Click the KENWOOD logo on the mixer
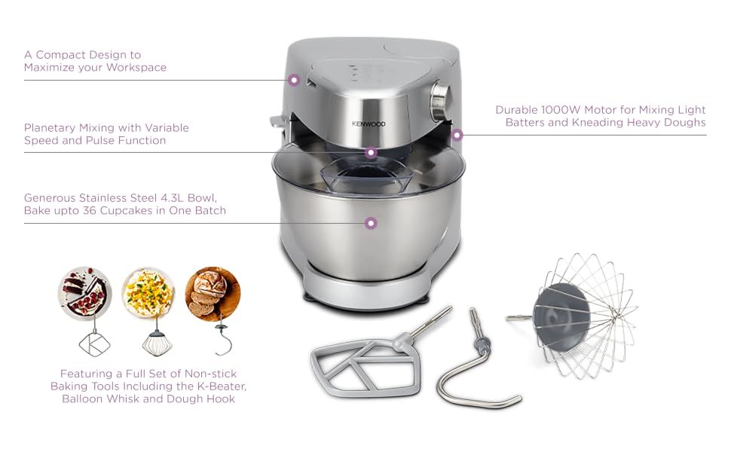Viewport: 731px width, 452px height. pyautogui.click(x=369, y=124)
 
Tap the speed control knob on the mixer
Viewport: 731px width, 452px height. pyautogui.click(x=440, y=102)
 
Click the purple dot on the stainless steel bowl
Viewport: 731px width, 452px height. pyautogui.click(x=371, y=223)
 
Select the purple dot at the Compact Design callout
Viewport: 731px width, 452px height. pyautogui.click(x=294, y=80)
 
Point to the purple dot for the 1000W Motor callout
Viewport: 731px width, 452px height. pyautogui.click(x=457, y=135)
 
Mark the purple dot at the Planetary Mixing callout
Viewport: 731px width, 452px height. pyautogui.click(x=371, y=152)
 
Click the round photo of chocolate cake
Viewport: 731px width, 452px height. pyautogui.click(x=85, y=293)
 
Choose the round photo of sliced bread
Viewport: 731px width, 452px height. pyautogui.click(x=213, y=293)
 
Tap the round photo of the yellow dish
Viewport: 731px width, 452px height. pyautogui.click(x=148, y=293)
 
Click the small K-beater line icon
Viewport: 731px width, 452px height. pyautogui.click(x=95, y=344)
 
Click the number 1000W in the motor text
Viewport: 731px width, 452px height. pyautogui.click(x=561, y=110)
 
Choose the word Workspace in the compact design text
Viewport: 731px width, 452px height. pyautogui.click(x=136, y=68)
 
